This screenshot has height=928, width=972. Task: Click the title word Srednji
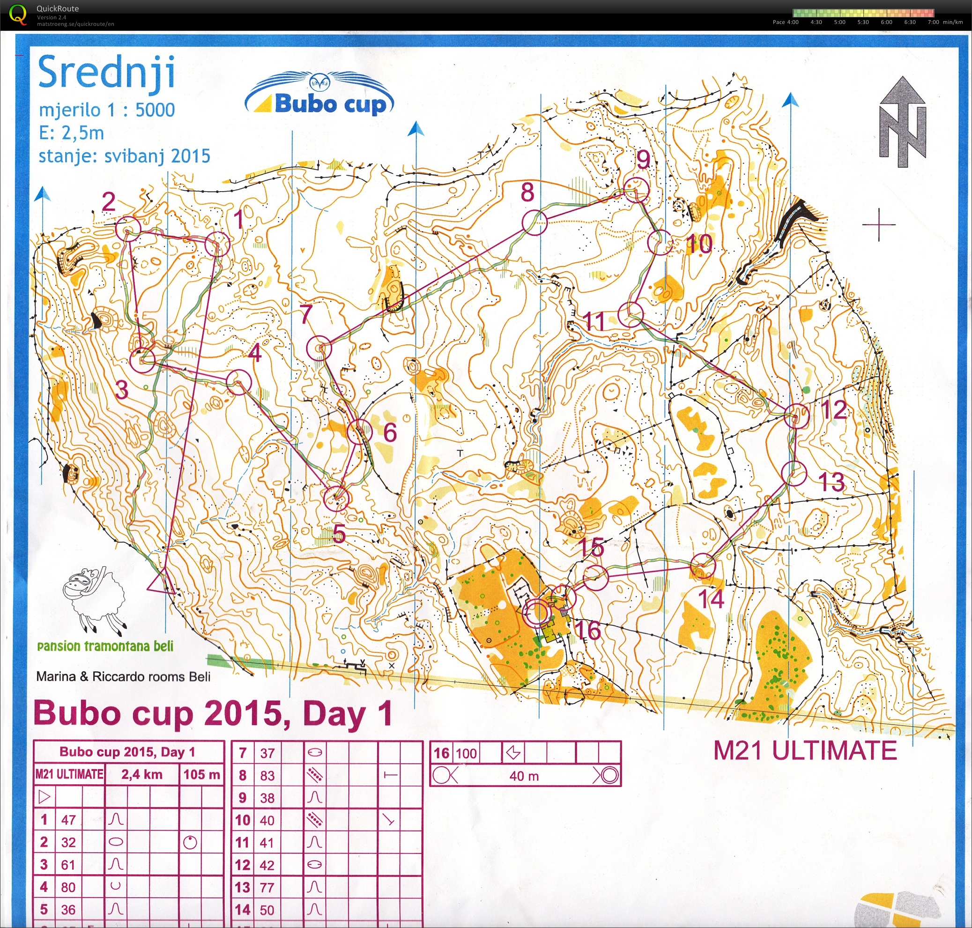106,73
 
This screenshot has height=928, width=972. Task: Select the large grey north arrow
902,122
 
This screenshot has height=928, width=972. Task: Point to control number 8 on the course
528,192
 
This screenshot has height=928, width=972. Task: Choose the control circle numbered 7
319,348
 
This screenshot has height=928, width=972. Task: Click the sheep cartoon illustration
94,600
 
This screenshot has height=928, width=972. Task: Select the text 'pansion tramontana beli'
105,646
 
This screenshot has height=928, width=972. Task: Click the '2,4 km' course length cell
141,774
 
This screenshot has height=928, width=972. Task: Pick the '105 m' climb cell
201,774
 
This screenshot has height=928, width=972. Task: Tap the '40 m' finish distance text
524,776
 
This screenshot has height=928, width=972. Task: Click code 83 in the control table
267,775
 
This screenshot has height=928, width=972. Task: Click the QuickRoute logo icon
18,14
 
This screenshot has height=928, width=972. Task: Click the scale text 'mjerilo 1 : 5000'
107,110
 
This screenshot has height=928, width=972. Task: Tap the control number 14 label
711,599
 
